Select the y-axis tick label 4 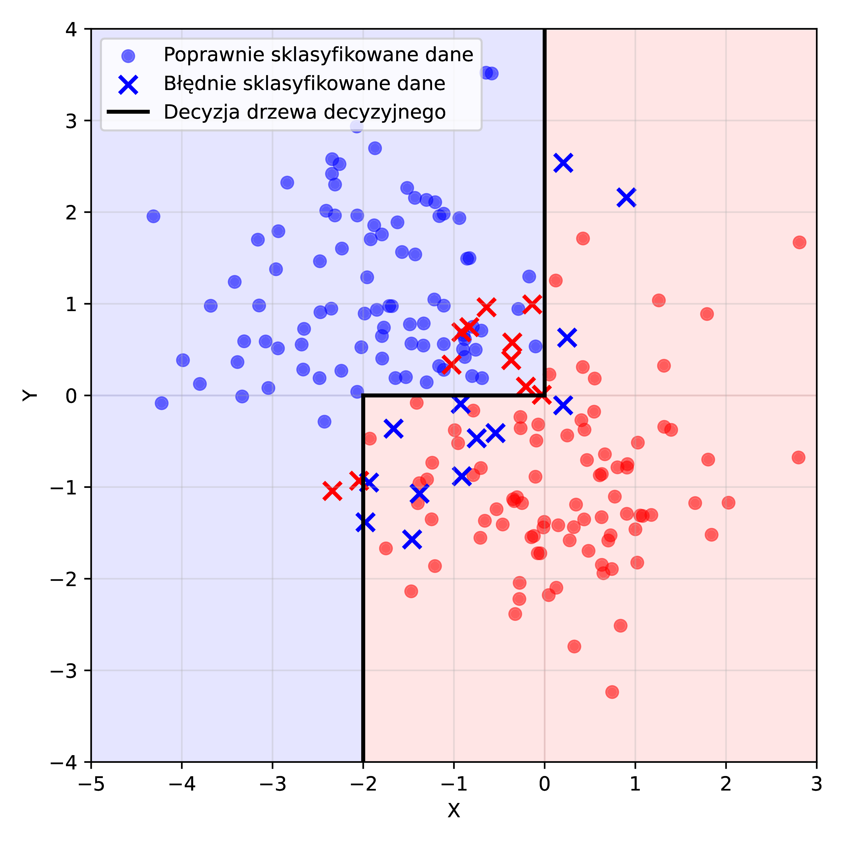[71, 30]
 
